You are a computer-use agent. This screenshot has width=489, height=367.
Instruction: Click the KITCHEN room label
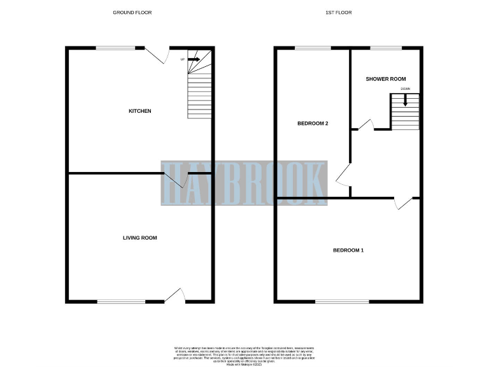[x=140, y=111]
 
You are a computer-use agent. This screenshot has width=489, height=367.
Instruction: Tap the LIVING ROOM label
[x=140, y=238]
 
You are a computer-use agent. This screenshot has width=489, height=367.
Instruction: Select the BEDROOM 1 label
[x=348, y=250]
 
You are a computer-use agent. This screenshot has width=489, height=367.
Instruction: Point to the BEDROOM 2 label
[x=313, y=124]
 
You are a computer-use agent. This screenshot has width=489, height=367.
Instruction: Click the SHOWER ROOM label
[x=385, y=79]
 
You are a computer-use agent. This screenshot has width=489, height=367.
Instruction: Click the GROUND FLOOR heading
[x=132, y=12]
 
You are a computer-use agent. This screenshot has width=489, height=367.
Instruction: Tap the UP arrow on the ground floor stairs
[x=193, y=59]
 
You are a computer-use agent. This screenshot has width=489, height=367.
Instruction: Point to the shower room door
[x=365, y=124]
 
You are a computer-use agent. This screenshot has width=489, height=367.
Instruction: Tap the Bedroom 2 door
[x=342, y=174]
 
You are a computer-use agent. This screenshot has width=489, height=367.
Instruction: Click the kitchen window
[x=116, y=47]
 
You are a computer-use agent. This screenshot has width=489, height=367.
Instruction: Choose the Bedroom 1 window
[x=342, y=301]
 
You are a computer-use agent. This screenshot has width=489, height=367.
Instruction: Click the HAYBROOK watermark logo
[x=244, y=182]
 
